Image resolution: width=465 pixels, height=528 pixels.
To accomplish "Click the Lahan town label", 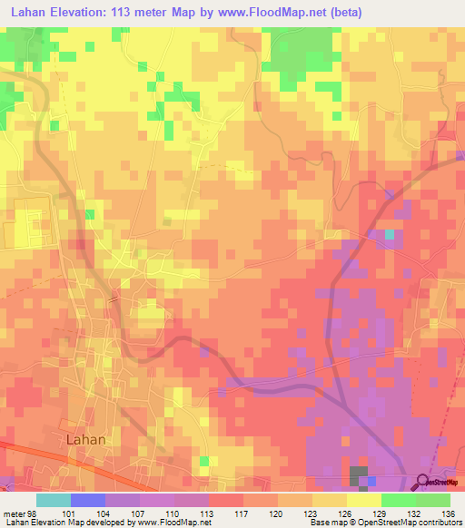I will click(87, 439).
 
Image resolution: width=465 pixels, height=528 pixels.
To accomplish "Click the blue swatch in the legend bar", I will click(88, 500).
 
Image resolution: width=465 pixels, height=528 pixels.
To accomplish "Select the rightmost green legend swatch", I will click(433, 500).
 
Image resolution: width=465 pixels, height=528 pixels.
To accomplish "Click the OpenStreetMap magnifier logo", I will click(422, 481).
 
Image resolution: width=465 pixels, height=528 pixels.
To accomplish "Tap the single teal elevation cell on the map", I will click(390, 235).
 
